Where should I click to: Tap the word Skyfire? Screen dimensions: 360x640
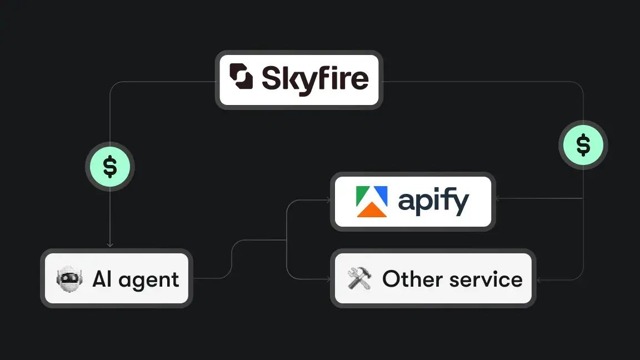click(x=314, y=79)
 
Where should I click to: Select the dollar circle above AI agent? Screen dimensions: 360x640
click(x=110, y=167)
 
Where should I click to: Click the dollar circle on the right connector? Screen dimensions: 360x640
click(x=583, y=146)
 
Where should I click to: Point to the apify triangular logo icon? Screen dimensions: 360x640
click(x=372, y=201)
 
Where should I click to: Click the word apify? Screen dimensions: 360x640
click(x=433, y=202)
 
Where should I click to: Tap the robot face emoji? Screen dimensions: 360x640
click(x=69, y=278)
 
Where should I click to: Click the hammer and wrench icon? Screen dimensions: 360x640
click(x=359, y=278)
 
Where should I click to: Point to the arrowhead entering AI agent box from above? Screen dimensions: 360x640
click(x=110, y=245)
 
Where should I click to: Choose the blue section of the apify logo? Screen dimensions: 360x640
click(x=379, y=196)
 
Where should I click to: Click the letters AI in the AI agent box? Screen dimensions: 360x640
click(x=102, y=278)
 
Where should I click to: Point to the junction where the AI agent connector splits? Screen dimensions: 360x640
click(x=286, y=240)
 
